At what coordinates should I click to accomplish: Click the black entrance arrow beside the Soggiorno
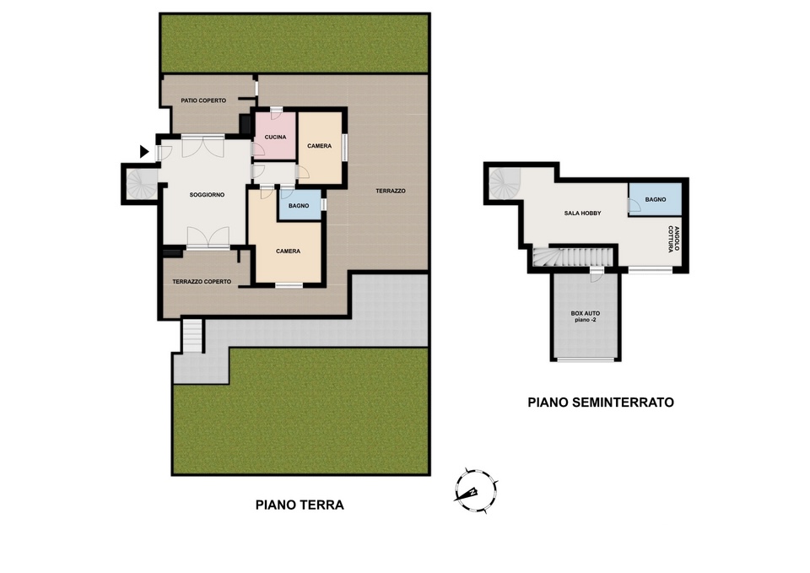point(144,151)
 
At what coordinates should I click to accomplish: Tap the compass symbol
point(476,491)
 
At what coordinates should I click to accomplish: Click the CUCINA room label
point(275,138)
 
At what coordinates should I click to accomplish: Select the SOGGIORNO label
point(207,195)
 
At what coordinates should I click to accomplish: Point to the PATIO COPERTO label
point(203,100)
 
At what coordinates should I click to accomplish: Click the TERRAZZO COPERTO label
point(202,282)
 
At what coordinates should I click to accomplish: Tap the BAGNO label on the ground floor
point(299,206)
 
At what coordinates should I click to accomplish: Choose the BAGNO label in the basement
point(656,199)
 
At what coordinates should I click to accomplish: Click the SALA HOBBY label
point(583,213)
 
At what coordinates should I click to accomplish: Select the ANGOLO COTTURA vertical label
point(673,239)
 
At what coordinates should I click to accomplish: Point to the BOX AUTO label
point(586,316)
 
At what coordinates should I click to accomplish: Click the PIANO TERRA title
point(300,505)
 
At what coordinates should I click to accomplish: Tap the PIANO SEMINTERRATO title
point(601,403)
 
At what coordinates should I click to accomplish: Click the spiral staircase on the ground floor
point(142,183)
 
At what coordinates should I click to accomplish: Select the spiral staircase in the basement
point(505,183)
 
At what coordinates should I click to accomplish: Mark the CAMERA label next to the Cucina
point(319,146)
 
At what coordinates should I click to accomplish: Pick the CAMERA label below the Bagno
point(289,251)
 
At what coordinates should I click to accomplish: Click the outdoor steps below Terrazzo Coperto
point(192,336)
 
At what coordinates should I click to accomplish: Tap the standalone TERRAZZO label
point(391,192)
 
